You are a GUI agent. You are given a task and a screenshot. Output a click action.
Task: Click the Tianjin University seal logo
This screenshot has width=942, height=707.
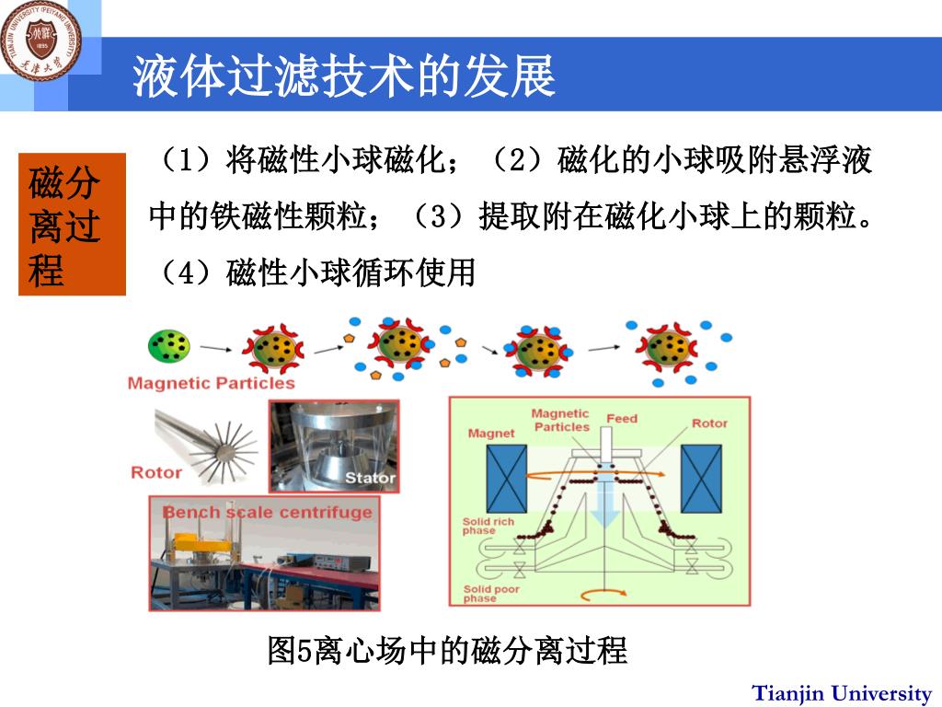(42, 39)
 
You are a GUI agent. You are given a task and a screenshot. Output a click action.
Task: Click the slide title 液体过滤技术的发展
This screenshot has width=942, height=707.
(344, 75)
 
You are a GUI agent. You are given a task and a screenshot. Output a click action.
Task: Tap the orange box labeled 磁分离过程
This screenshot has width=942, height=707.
(72, 225)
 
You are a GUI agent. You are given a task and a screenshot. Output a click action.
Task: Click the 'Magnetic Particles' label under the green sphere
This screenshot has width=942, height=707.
(211, 383)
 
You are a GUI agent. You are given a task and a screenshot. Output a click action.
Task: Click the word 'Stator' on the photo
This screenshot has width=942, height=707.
(370, 477)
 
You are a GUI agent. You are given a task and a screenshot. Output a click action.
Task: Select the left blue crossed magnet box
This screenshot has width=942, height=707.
(506, 479)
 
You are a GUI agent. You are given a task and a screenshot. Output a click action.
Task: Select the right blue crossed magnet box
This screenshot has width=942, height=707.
(701, 479)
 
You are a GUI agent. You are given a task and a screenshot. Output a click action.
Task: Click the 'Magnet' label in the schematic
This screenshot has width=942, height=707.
(491, 433)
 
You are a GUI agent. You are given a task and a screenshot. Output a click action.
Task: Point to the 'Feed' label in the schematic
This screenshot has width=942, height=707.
(622, 419)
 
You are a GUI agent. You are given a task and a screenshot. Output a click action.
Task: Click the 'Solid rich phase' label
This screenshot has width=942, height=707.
(488, 527)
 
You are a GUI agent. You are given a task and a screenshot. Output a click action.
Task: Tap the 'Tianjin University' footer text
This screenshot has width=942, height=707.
(842, 693)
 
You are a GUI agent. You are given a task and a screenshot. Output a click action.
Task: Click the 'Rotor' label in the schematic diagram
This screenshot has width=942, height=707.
(709, 423)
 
